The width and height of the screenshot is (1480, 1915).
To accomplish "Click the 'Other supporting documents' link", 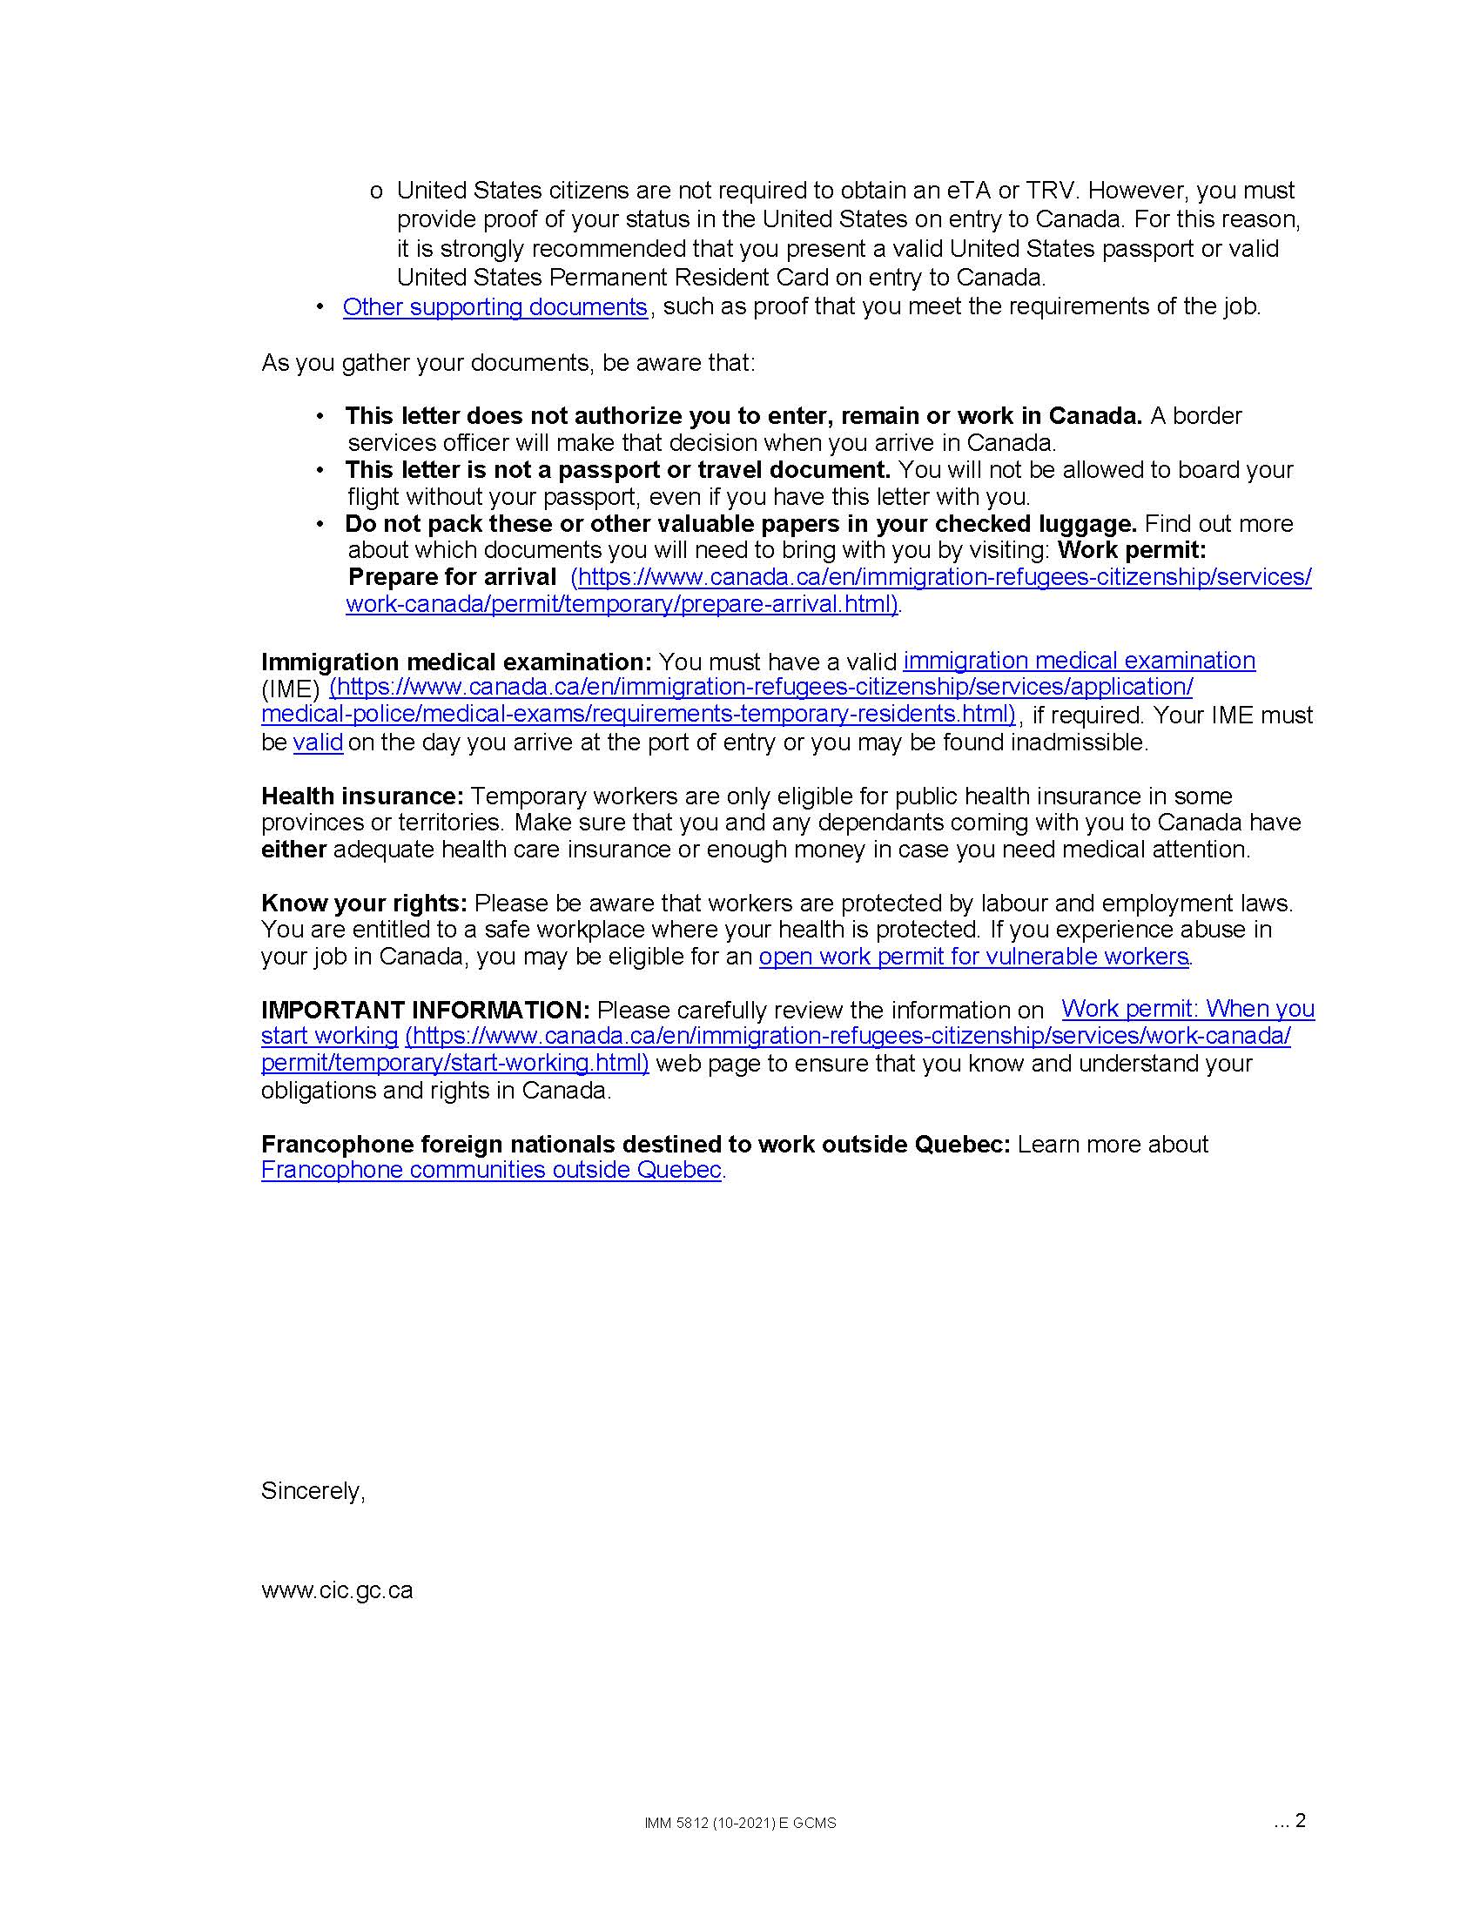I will coord(494,307).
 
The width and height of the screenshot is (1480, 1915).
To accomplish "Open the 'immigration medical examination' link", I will coord(1079,661).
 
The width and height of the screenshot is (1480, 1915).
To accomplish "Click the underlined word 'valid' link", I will coord(318,742).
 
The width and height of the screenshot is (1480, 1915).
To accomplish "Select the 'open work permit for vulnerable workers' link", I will coord(973,956).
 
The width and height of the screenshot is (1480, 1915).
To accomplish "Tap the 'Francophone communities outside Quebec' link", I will coord(491,1170).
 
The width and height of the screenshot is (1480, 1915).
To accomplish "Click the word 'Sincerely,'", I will coord(313,1490).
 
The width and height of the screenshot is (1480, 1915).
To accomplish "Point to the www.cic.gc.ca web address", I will coord(337,1590).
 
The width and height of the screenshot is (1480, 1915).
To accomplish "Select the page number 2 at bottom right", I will coord(1300,1820).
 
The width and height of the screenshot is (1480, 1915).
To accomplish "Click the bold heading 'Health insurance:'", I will coord(362,796).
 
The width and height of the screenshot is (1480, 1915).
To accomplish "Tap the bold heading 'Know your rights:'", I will coord(364,904).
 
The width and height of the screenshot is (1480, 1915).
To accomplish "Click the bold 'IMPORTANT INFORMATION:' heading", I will coord(425,1010).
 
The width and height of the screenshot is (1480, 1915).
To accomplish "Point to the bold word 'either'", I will coord(293,850).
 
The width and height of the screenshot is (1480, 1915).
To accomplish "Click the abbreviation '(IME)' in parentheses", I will coord(290,689).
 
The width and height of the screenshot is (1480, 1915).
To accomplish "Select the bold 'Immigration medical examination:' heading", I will coord(456,662).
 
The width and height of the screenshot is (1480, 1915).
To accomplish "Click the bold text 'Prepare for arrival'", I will coord(452,577).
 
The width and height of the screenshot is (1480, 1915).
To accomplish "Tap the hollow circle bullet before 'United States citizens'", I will coord(376,191).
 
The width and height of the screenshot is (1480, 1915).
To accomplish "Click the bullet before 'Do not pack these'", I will coord(321,523).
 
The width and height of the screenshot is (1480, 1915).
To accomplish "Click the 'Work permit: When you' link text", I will coord(1187,1009).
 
